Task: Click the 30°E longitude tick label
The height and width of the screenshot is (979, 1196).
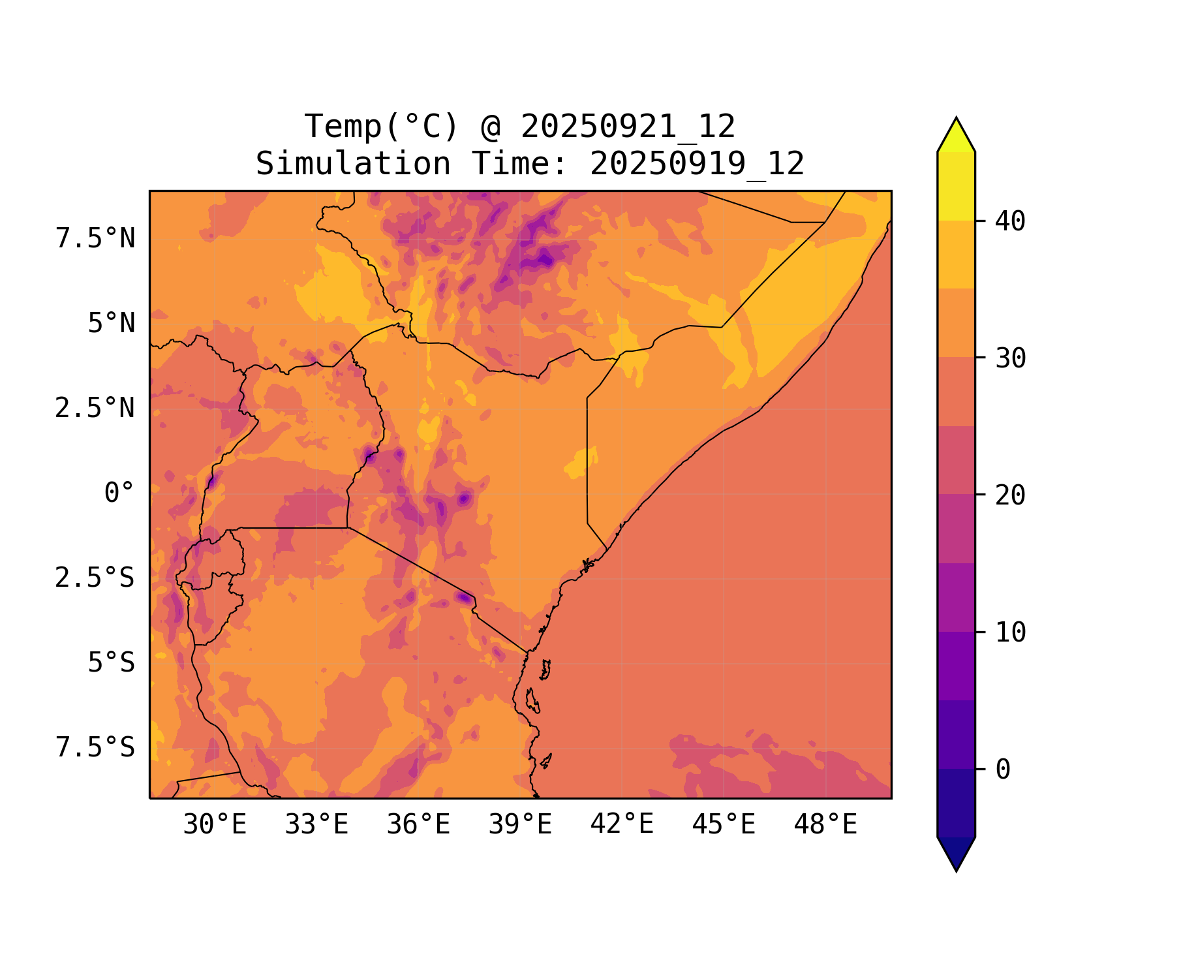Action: click(215, 825)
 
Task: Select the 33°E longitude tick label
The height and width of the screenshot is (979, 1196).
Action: click(316, 825)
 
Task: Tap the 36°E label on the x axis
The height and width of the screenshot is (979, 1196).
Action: click(418, 825)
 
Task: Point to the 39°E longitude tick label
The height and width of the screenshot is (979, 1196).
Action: click(520, 825)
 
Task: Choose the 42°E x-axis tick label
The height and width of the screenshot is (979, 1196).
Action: click(622, 825)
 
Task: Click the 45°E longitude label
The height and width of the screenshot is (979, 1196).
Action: click(724, 825)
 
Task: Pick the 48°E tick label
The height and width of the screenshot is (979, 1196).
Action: click(825, 825)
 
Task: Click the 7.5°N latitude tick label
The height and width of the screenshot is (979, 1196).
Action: click(95, 239)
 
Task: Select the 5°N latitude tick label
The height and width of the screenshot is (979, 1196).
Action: click(112, 324)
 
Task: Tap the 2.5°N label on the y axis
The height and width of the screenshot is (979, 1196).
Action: click(95, 409)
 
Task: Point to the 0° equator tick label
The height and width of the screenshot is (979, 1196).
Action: click(119, 493)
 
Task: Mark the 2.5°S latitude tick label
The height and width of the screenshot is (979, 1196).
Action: click(95, 578)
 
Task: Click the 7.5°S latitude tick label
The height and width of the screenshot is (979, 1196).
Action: click(95, 748)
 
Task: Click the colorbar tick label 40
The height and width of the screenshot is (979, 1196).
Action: click(1010, 221)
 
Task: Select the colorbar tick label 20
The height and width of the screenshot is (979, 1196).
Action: click(1010, 495)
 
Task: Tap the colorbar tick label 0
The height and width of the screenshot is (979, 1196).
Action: click(1003, 769)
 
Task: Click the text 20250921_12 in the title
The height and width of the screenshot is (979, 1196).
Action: click(628, 127)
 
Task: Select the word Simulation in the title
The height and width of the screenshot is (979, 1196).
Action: click(353, 164)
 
